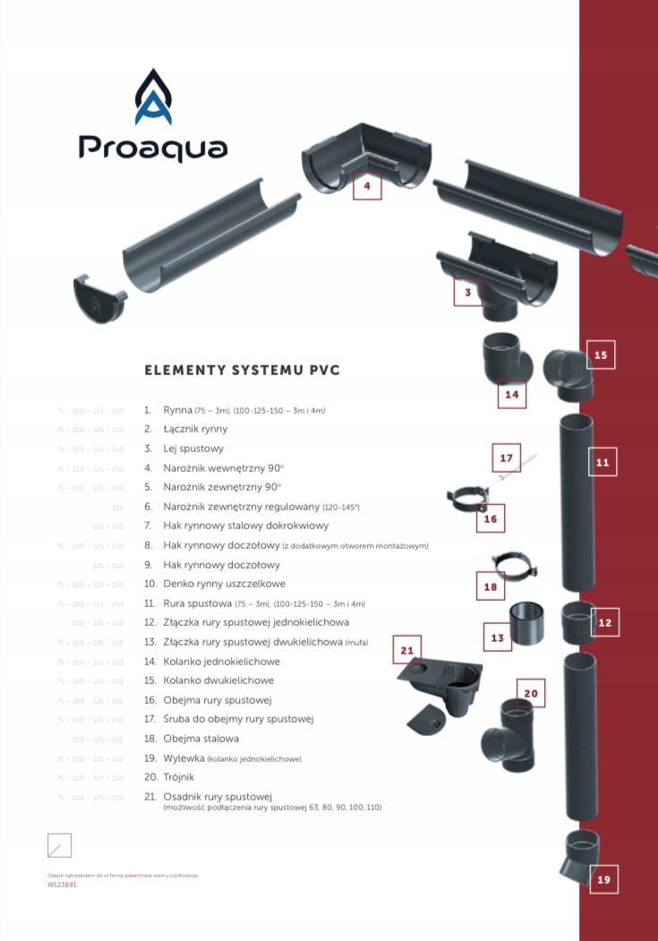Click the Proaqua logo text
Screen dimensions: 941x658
coord(152,147)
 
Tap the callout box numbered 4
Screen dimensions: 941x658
coord(367,186)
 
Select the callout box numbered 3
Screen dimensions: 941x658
coord(467,292)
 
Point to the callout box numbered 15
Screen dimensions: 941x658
coord(601,355)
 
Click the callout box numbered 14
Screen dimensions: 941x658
coord(511,394)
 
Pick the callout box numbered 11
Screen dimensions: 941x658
coord(602,462)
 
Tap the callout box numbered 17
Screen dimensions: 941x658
coord(507,458)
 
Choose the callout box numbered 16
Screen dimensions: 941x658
coord(490,518)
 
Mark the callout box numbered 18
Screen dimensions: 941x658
coord(490,586)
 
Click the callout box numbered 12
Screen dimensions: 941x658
coord(605,622)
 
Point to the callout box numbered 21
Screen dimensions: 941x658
coord(407,649)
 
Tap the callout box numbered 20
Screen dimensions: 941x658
coord(531,692)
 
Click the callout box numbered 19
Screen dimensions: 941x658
coord(603,879)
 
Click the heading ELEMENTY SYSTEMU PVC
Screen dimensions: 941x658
coord(242,370)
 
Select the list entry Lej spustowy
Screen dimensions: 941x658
coord(193,449)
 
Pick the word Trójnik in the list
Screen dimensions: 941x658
coord(178,777)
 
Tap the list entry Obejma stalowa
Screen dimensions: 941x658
coord(201,739)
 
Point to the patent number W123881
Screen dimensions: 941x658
coord(62,884)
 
